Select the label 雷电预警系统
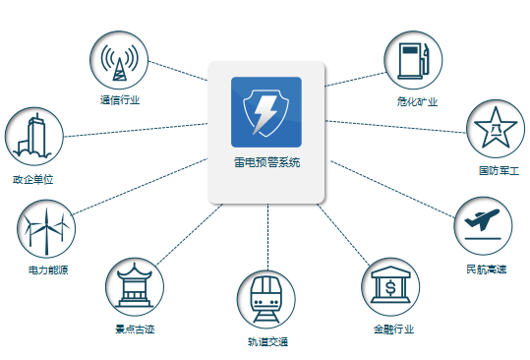(267, 162)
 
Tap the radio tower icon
(119, 63)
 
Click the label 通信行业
(120, 100)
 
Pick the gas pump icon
(413, 61)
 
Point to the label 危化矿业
(418, 101)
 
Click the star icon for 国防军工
(496, 128)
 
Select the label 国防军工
(499, 171)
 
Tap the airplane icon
(483, 219)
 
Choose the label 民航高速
(487, 270)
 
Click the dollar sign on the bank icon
(390, 288)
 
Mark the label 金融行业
(393, 329)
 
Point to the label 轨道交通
(267, 341)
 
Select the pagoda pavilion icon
(134, 285)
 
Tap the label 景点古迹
(135, 329)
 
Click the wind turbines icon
(46, 231)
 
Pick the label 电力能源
(48, 270)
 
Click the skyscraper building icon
(32, 137)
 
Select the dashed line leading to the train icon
(267, 237)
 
